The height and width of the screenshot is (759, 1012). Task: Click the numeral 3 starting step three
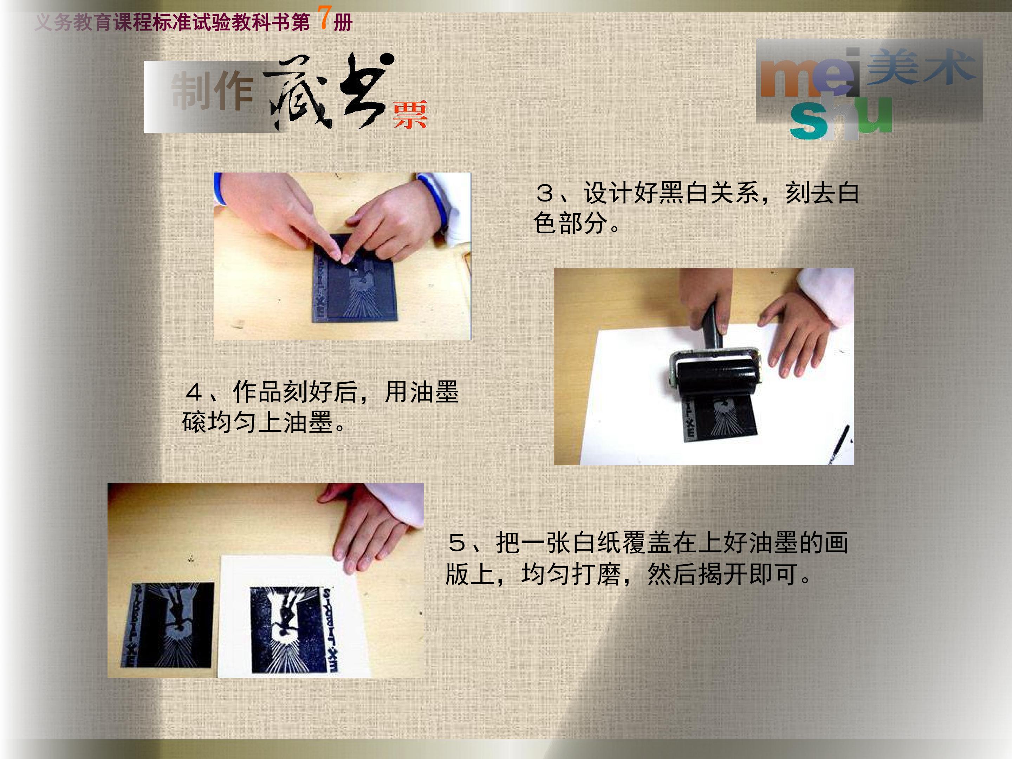pyautogui.click(x=545, y=193)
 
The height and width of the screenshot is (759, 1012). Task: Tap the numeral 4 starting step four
pyautogui.click(x=194, y=392)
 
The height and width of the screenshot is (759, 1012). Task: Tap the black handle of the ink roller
pyautogui.click(x=712, y=327)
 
